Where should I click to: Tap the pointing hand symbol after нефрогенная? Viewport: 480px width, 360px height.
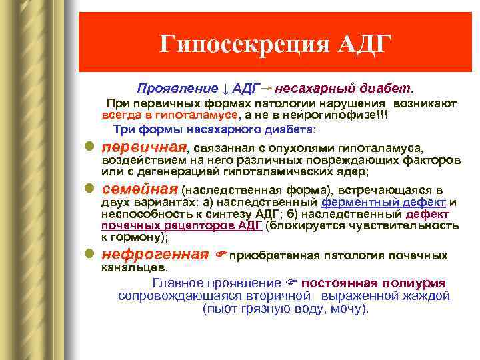point(221,255)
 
